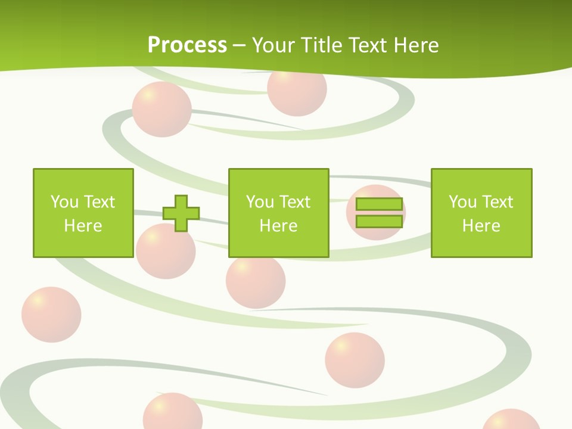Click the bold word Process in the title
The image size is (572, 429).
[187, 45]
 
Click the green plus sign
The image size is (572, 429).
[181, 213]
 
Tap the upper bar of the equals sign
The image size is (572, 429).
[379, 204]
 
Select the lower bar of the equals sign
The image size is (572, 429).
[379, 222]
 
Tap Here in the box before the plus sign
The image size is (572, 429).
[83, 226]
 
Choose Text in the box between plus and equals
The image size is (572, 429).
[295, 202]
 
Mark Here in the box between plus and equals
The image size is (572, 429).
[278, 226]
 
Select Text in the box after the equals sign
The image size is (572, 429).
[498, 202]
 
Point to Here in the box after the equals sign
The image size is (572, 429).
[481, 226]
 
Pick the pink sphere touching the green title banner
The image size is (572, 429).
[296, 92]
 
